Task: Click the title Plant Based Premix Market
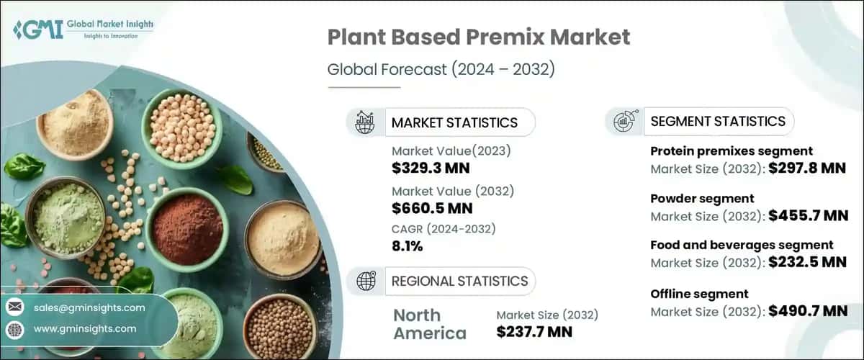coord(479,38)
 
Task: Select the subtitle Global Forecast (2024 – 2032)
coord(441,70)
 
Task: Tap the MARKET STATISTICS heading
coord(454,122)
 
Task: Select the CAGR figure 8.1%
coord(408,246)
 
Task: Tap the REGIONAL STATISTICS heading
coord(459,281)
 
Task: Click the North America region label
coord(430,324)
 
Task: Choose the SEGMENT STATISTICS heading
coord(718,121)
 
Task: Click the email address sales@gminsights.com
coord(89,308)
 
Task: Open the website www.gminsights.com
coord(84,329)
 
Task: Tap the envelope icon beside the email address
coord(14,308)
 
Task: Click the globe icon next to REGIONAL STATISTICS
coord(366,281)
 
